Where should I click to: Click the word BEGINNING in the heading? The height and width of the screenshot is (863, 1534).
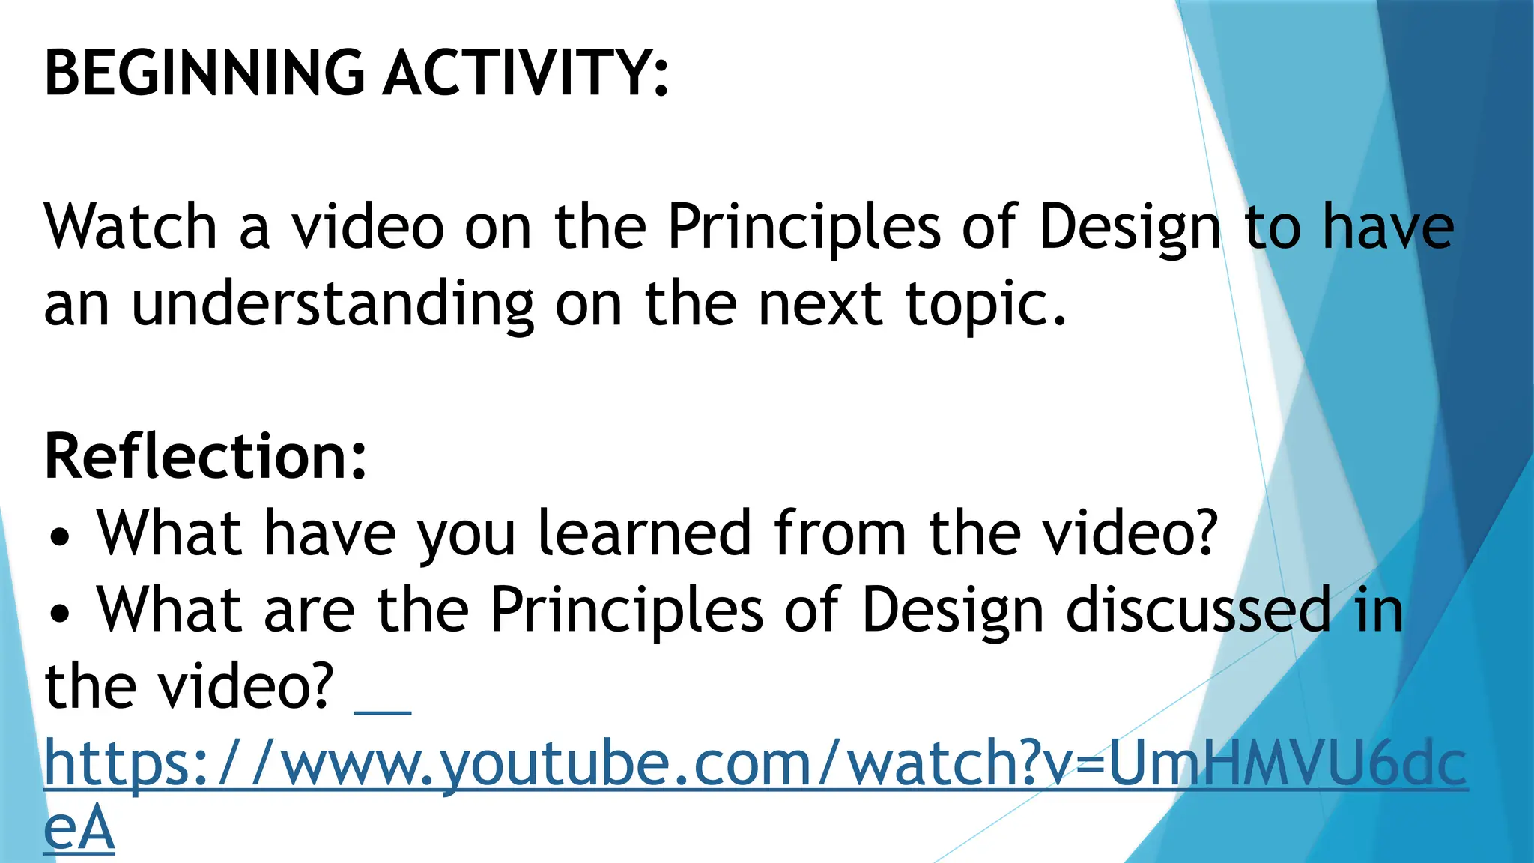click(x=204, y=73)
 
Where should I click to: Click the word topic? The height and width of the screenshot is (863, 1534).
click(x=986, y=306)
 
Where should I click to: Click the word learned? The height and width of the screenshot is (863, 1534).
click(x=644, y=533)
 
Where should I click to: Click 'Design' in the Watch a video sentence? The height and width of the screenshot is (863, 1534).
click(x=1130, y=228)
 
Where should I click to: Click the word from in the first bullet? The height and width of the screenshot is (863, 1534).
click(x=840, y=533)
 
